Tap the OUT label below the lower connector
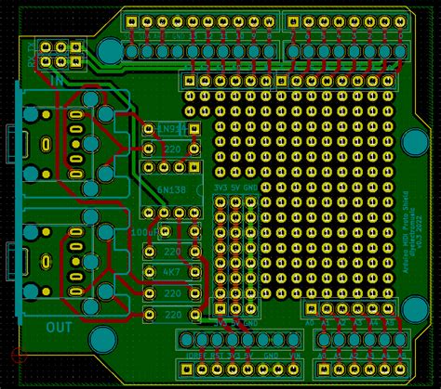pyautogui.click(x=59, y=326)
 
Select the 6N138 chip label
pyautogui.click(x=170, y=188)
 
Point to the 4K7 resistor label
pyautogui.click(x=172, y=272)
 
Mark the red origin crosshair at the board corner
pyautogui.click(x=14, y=355)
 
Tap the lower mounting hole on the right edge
pyautogui.click(x=414, y=309)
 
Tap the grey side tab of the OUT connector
pyautogui.click(x=8, y=256)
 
